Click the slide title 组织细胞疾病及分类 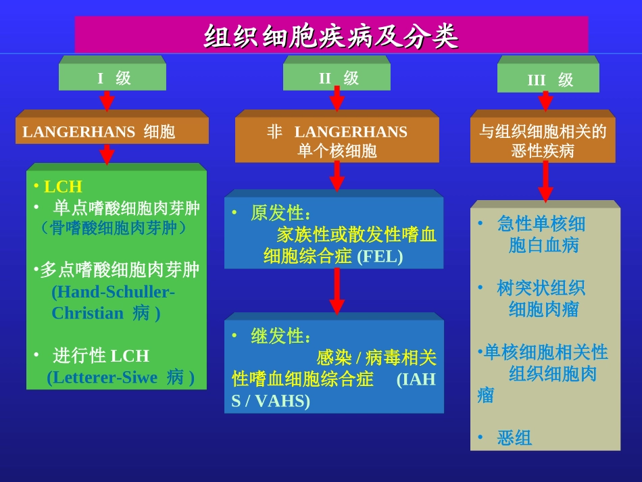point(331,36)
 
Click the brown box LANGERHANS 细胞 point(112,131)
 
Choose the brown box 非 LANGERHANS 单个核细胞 point(337,141)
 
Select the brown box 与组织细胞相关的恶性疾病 point(543,141)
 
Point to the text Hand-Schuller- point(113,291)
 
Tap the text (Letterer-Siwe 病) point(121,377)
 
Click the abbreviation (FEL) point(379,257)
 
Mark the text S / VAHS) point(271,401)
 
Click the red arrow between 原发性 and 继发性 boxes point(337,291)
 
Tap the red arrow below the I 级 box point(107,101)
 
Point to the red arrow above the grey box point(545,181)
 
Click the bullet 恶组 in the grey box point(514,438)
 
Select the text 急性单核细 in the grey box point(541,224)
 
